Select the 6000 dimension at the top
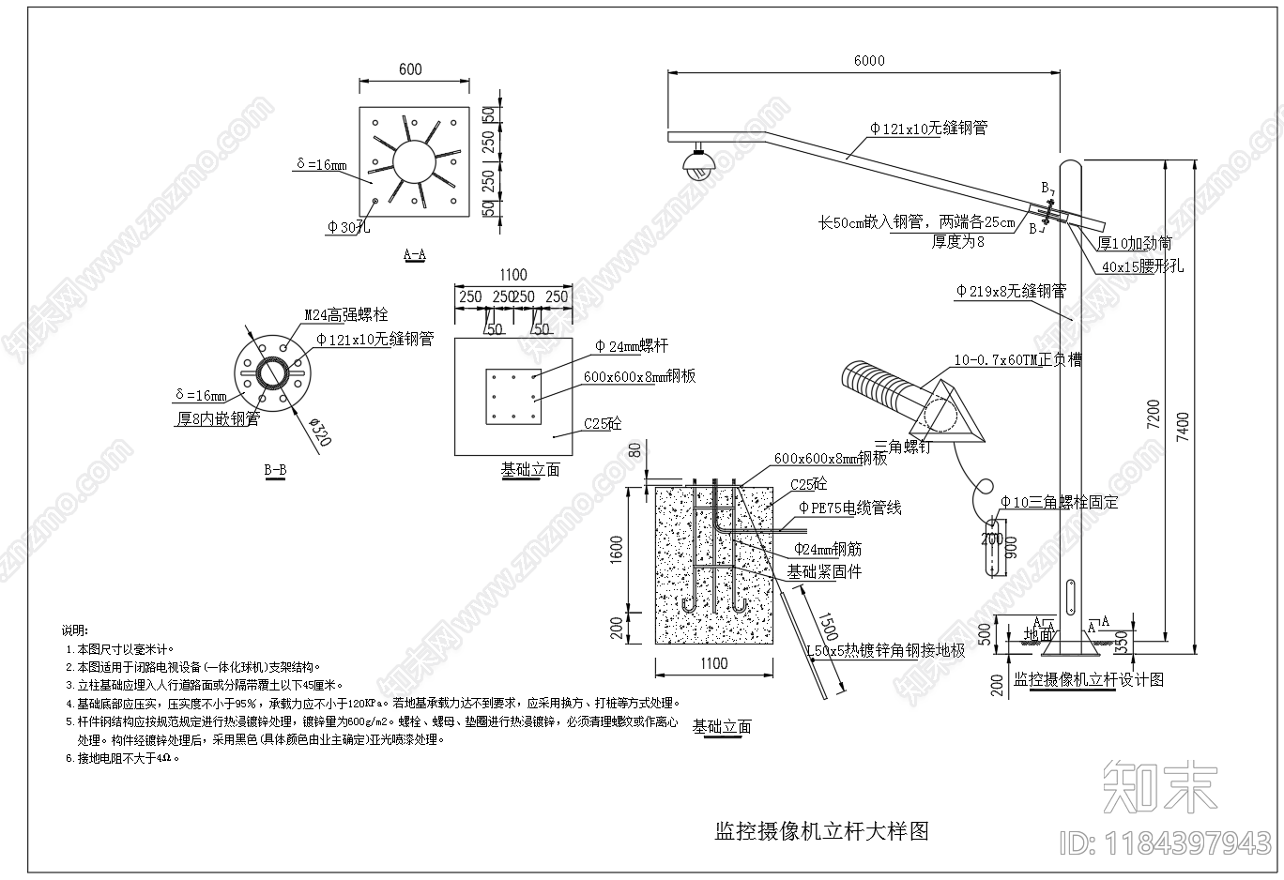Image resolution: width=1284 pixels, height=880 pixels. pyautogui.click(x=868, y=61)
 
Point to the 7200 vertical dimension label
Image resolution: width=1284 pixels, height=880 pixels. pyautogui.click(x=1154, y=414)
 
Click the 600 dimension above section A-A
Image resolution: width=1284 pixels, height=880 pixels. pyautogui.click(x=410, y=69)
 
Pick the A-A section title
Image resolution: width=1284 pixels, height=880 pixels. pyautogui.click(x=414, y=253)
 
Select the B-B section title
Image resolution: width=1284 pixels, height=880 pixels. pyautogui.click(x=276, y=469)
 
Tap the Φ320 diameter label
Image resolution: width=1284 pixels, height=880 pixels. pyautogui.click(x=320, y=432)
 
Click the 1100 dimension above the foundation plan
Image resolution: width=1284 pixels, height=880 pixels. pyautogui.click(x=512, y=275)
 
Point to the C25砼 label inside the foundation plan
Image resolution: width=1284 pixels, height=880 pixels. pyautogui.click(x=603, y=423)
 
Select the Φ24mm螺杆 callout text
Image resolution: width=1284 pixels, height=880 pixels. pyautogui.click(x=631, y=346)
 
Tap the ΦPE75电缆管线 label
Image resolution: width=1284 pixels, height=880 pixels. pyautogui.click(x=849, y=508)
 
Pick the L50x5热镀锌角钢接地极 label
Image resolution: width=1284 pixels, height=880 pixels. pyautogui.click(x=886, y=650)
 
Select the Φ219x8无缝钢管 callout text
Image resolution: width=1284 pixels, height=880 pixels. pyautogui.click(x=1011, y=292)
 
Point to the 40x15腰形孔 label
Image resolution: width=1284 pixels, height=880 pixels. pyautogui.click(x=1142, y=266)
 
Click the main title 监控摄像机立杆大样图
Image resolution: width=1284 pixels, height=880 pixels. pyautogui.click(x=821, y=830)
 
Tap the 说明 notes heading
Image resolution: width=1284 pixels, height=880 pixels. pyautogui.click(x=75, y=630)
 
